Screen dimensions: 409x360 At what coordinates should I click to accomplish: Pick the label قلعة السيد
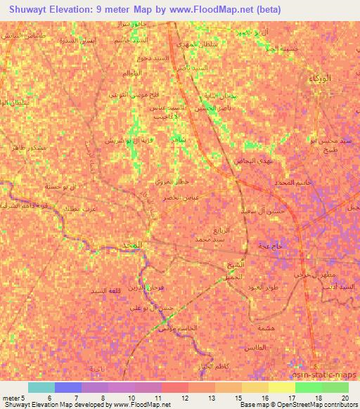[106, 290]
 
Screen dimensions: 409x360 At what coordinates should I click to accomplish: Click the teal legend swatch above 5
[41, 387]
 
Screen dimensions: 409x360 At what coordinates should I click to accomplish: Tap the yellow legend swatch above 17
[281, 387]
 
